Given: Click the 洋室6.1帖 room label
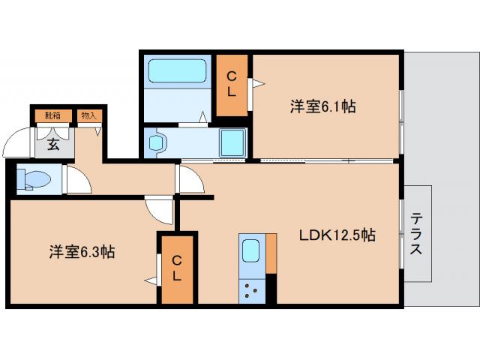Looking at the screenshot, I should [x=322, y=106].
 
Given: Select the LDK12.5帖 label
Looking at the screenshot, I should [x=337, y=235].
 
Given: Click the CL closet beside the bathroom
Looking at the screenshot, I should [x=232, y=84].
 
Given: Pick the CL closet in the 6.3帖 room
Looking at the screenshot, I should [x=176, y=268].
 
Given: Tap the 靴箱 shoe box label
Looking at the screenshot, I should [x=52, y=115].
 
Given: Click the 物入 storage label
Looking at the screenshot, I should [x=88, y=115].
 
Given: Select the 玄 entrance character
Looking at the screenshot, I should [x=54, y=144].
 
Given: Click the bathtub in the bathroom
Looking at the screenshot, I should [x=176, y=72].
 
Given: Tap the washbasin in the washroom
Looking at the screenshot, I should [x=157, y=142].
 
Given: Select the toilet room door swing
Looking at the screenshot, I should [x=78, y=180].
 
